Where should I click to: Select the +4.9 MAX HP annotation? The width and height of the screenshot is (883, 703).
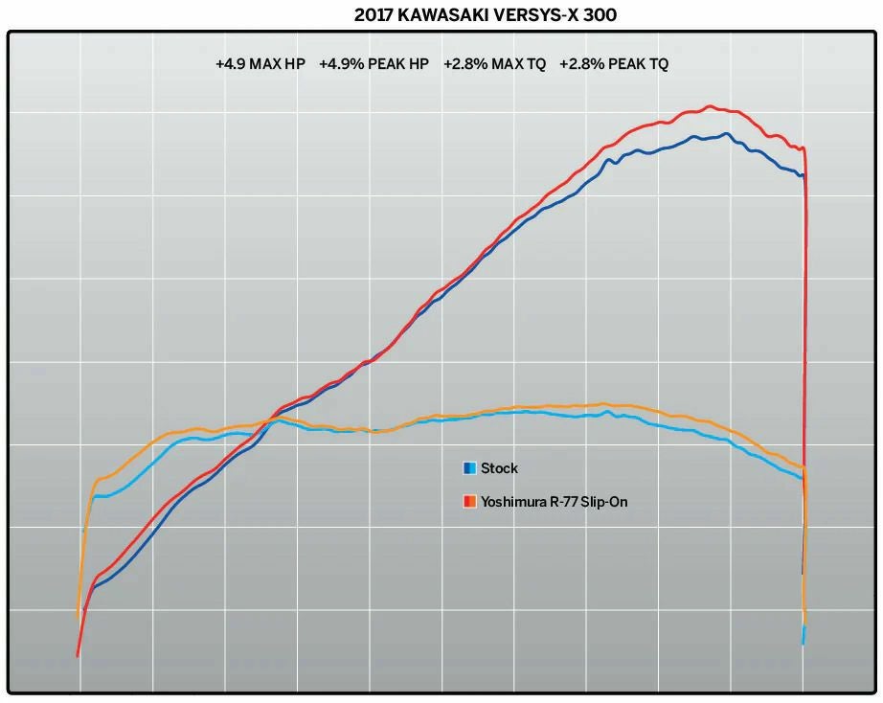(x=260, y=65)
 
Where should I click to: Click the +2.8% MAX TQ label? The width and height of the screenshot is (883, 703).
(x=495, y=65)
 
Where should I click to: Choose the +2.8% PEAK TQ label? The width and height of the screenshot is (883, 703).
(x=614, y=65)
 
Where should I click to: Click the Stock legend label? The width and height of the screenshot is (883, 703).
(x=499, y=468)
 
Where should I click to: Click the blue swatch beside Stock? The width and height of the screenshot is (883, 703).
(x=469, y=468)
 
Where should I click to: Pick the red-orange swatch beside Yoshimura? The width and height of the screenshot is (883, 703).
(x=469, y=501)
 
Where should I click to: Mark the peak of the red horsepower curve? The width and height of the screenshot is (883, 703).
(x=710, y=106)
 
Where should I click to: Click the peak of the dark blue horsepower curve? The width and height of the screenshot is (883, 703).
(x=727, y=133)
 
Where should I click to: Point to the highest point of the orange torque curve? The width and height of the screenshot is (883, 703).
(x=602, y=403)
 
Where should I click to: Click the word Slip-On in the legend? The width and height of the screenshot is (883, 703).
(x=603, y=501)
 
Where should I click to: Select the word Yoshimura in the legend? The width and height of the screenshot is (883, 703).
(x=513, y=501)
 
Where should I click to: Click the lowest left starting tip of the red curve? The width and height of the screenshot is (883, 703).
(x=78, y=655)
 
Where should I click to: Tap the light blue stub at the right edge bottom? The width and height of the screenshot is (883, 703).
(x=804, y=634)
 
